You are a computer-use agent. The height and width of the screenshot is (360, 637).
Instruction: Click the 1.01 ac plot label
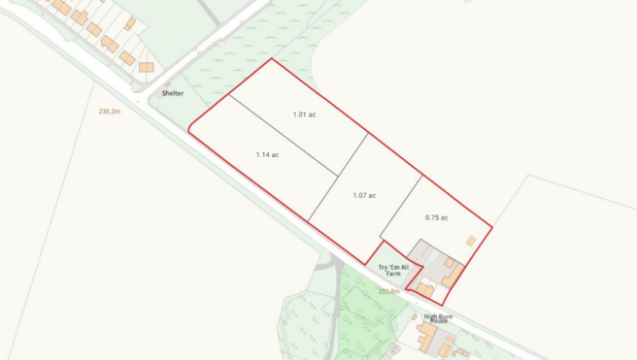coord(304,115)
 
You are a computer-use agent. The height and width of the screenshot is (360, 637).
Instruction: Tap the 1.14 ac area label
coord(267,154)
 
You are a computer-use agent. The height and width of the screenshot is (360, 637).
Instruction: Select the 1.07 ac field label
coord(364,195)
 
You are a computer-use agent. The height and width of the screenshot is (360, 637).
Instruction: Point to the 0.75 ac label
coord(436,217)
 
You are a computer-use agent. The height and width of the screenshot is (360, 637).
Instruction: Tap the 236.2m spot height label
coord(109,112)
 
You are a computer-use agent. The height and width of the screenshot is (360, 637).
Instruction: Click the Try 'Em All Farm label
coord(392,270)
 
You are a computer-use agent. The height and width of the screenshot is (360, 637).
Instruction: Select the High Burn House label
coord(440,317)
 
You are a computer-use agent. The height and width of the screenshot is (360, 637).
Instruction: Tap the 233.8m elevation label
coord(389,290)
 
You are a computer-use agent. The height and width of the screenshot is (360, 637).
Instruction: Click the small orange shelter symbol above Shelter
coord(166,84)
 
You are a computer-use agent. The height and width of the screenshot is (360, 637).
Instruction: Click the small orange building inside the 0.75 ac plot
coord(471,241)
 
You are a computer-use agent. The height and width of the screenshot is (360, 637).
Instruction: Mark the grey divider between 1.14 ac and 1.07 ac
coord(337,177)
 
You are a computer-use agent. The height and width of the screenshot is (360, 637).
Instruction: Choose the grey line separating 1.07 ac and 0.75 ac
coord(400,207)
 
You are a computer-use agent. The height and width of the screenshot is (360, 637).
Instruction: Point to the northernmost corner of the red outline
coord(273,59)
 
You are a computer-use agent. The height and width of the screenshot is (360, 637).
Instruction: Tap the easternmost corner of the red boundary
coord(491,227)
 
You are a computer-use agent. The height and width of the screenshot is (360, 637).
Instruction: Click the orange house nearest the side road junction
coord(146,67)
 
